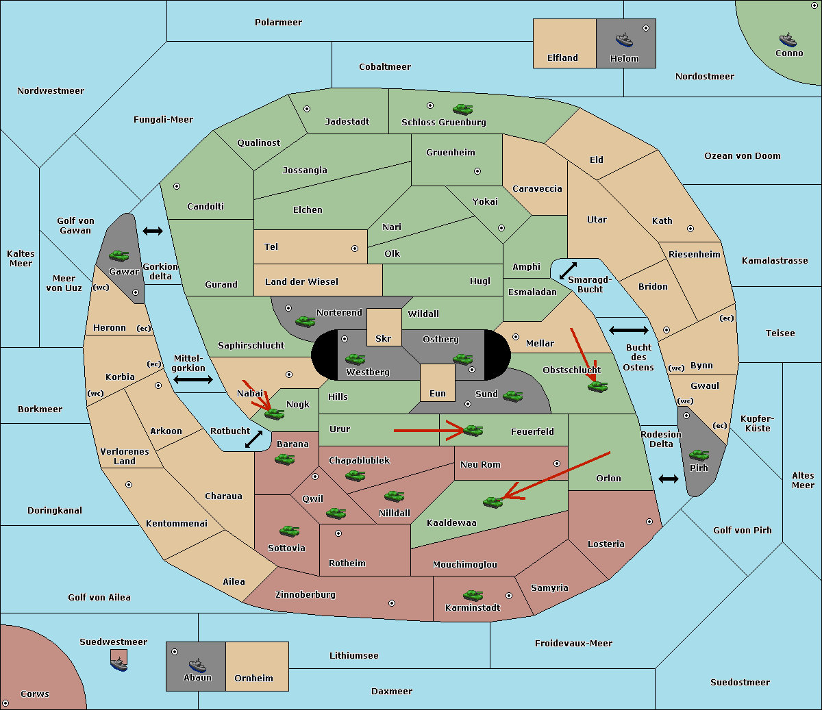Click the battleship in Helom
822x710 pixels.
tap(624, 40)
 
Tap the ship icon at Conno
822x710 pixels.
tap(788, 40)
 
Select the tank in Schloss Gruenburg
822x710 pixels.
tap(462, 109)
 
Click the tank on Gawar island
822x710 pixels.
tap(119, 255)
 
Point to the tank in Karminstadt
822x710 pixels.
tap(473, 595)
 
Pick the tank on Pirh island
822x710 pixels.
tap(699, 455)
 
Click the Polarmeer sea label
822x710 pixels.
tap(278, 23)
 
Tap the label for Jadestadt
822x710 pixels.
tap(347, 121)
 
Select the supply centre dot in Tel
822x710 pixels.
tap(355, 249)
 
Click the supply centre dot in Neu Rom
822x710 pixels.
tap(557, 464)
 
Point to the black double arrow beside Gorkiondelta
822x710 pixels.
tap(153, 231)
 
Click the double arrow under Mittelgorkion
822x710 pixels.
tap(193, 379)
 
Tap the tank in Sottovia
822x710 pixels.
tap(289, 531)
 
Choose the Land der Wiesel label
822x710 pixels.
tap(301, 281)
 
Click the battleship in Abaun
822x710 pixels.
tap(198, 665)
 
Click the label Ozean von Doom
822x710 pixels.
tap(742, 156)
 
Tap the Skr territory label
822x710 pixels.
tap(384, 338)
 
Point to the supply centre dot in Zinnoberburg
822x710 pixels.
tap(392, 603)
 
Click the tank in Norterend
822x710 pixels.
tap(305, 321)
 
